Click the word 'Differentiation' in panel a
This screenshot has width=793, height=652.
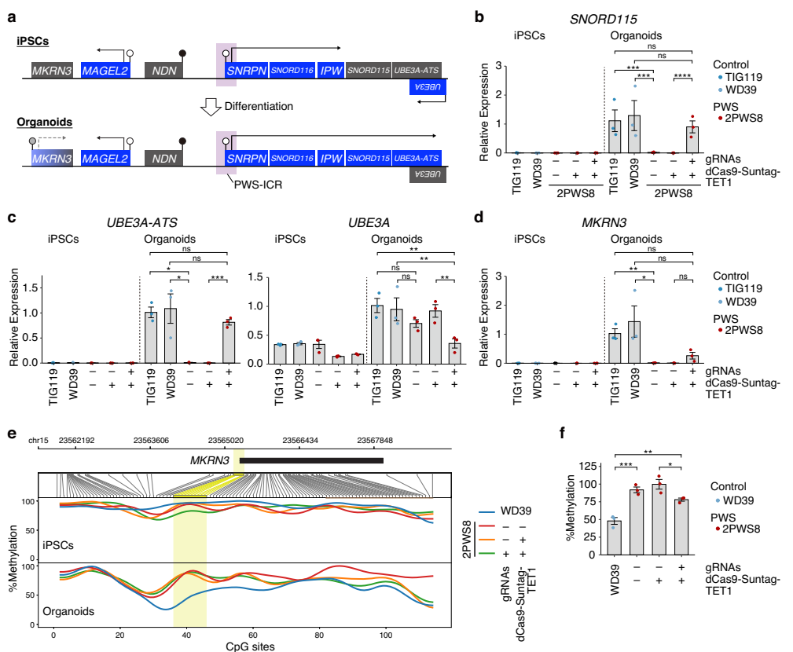pyautogui.click(x=259, y=106)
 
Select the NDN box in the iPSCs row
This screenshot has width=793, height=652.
pyautogui.click(x=164, y=71)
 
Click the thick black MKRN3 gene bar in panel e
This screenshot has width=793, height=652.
pyautogui.click(x=314, y=460)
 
